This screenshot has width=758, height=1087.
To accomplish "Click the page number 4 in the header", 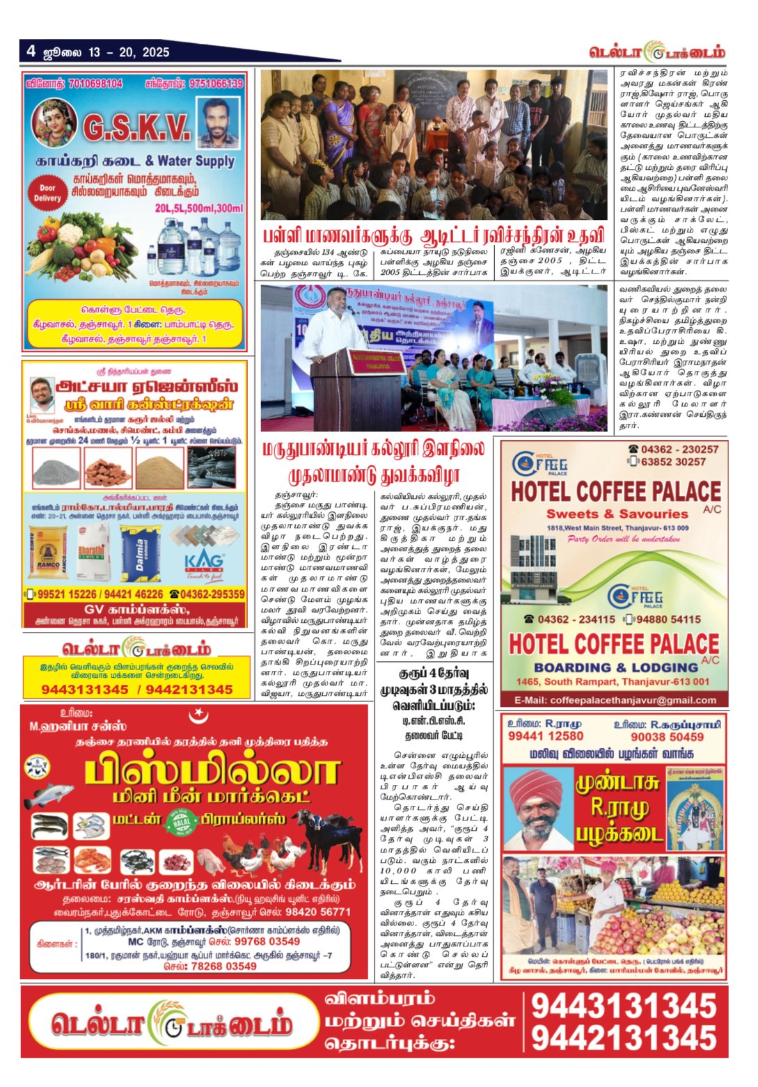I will [31, 51].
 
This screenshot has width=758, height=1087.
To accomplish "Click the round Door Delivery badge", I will [47, 193].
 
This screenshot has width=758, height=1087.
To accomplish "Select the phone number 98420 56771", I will [318, 912].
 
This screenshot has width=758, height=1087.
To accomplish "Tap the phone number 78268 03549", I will [219, 966].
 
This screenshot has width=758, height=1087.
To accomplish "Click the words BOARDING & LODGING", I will [617, 667].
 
